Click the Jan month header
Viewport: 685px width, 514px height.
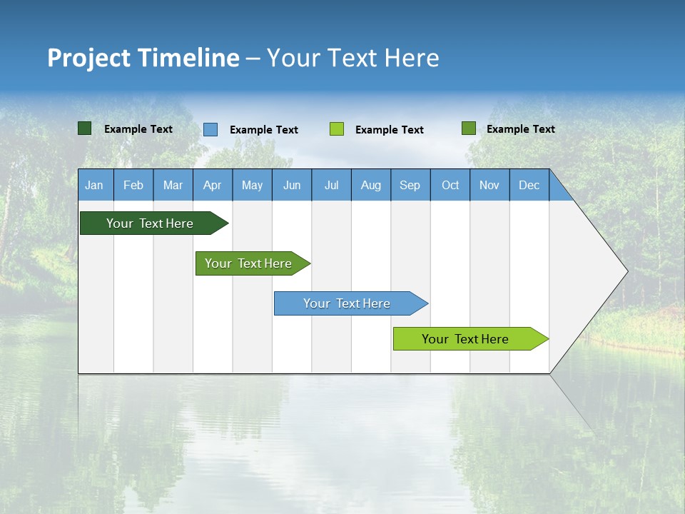coord(95,185)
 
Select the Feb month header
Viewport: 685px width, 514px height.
coord(133,185)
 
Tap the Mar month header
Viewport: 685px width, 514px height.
coord(173,185)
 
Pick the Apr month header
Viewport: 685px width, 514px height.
coord(213,185)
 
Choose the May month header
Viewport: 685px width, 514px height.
coord(252,185)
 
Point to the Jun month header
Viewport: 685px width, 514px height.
coord(292,185)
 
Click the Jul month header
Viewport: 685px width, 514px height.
coord(331,185)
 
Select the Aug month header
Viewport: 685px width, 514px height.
coord(371,185)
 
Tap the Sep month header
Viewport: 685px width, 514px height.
coord(410,185)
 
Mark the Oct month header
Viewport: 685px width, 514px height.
coord(450,185)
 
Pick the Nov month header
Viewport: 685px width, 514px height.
coord(489,185)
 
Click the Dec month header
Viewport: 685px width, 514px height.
coord(529,185)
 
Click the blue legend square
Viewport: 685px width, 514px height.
coord(210,129)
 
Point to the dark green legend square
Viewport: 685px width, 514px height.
coord(85,128)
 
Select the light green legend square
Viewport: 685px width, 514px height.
coord(337,129)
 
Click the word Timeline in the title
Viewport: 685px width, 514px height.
coord(188,58)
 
